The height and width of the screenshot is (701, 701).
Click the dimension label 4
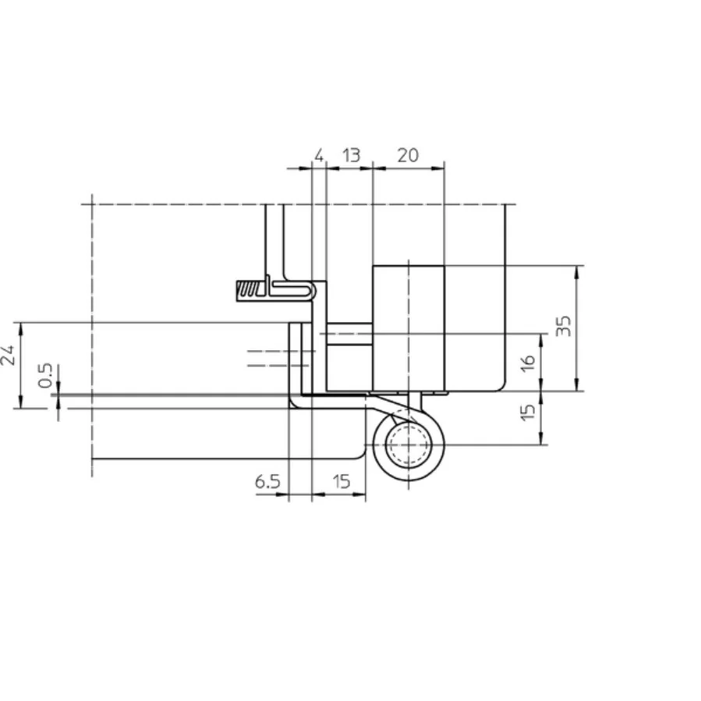point(318,155)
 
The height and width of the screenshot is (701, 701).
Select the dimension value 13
point(351,155)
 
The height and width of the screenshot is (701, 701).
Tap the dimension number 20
point(408,155)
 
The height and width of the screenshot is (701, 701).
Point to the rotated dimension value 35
point(567,325)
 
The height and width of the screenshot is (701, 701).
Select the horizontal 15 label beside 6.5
point(342,482)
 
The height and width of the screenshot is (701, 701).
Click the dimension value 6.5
point(267,482)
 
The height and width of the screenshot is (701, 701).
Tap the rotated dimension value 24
point(9,355)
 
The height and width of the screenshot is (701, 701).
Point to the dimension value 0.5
point(46,375)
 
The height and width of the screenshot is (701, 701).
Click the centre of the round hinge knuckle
point(408,446)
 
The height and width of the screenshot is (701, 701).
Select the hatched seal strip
point(249,291)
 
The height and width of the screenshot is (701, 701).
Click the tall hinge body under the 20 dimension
point(408,327)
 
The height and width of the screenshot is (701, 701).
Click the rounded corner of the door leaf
point(361,452)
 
